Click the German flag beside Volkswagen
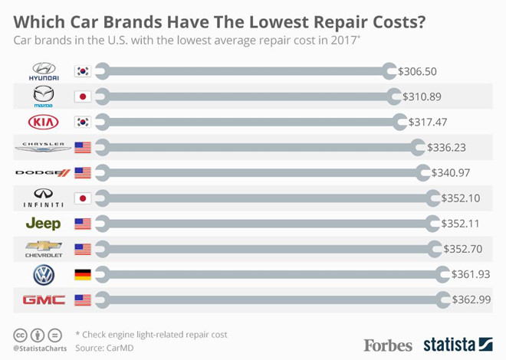(x=82, y=274)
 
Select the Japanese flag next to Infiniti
(x=82, y=198)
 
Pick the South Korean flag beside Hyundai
(x=82, y=72)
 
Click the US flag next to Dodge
(x=82, y=173)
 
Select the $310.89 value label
(x=422, y=97)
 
